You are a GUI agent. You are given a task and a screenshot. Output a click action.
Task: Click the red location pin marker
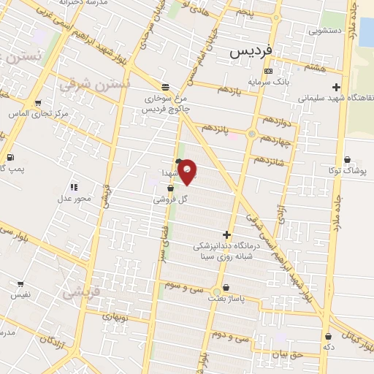(x=188, y=172)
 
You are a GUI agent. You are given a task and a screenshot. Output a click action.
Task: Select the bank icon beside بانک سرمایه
(x=268, y=72)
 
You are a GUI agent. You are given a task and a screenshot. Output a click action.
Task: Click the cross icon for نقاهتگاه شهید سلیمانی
(x=335, y=87)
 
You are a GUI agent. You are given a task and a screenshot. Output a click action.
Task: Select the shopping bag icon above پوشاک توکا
(x=346, y=159)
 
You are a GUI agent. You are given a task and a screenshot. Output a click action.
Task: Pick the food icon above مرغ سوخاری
(x=165, y=86)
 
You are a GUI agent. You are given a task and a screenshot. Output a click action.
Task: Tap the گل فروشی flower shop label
(x=171, y=198)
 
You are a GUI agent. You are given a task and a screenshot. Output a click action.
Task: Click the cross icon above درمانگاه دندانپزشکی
(x=226, y=235)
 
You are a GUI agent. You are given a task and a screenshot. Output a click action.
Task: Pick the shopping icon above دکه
(x=327, y=336)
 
